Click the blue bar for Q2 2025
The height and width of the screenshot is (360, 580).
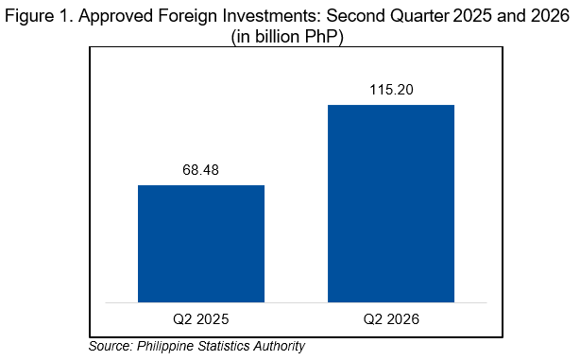pyautogui.click(x=201, y=244)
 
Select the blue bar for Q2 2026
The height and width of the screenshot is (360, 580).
pyautogui.click(x=391, y=203)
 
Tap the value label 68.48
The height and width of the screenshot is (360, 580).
pyautogui.click(x=201, y=170)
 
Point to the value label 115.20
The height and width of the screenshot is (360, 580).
pyautogui.click(x=391, y=90)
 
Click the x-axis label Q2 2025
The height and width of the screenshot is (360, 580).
pyautogui.click(x=201, y=319)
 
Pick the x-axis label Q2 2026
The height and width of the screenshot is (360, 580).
pyautogui.click(x=391, y=319)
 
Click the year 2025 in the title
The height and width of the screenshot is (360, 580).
pyautogui.click(x=472, y=15)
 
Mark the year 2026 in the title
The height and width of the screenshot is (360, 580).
pyautogui.click(x=550, y=15)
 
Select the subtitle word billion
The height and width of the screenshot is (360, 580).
pyautogui.click(x=277, y=37)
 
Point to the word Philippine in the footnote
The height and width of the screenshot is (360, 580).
pyautogui.click(x=165, y=347)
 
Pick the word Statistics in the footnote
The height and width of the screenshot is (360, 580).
pyautogui.click(x=224, y=346)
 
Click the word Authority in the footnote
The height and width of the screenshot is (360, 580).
pyautogui.click(x=280, y=347)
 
